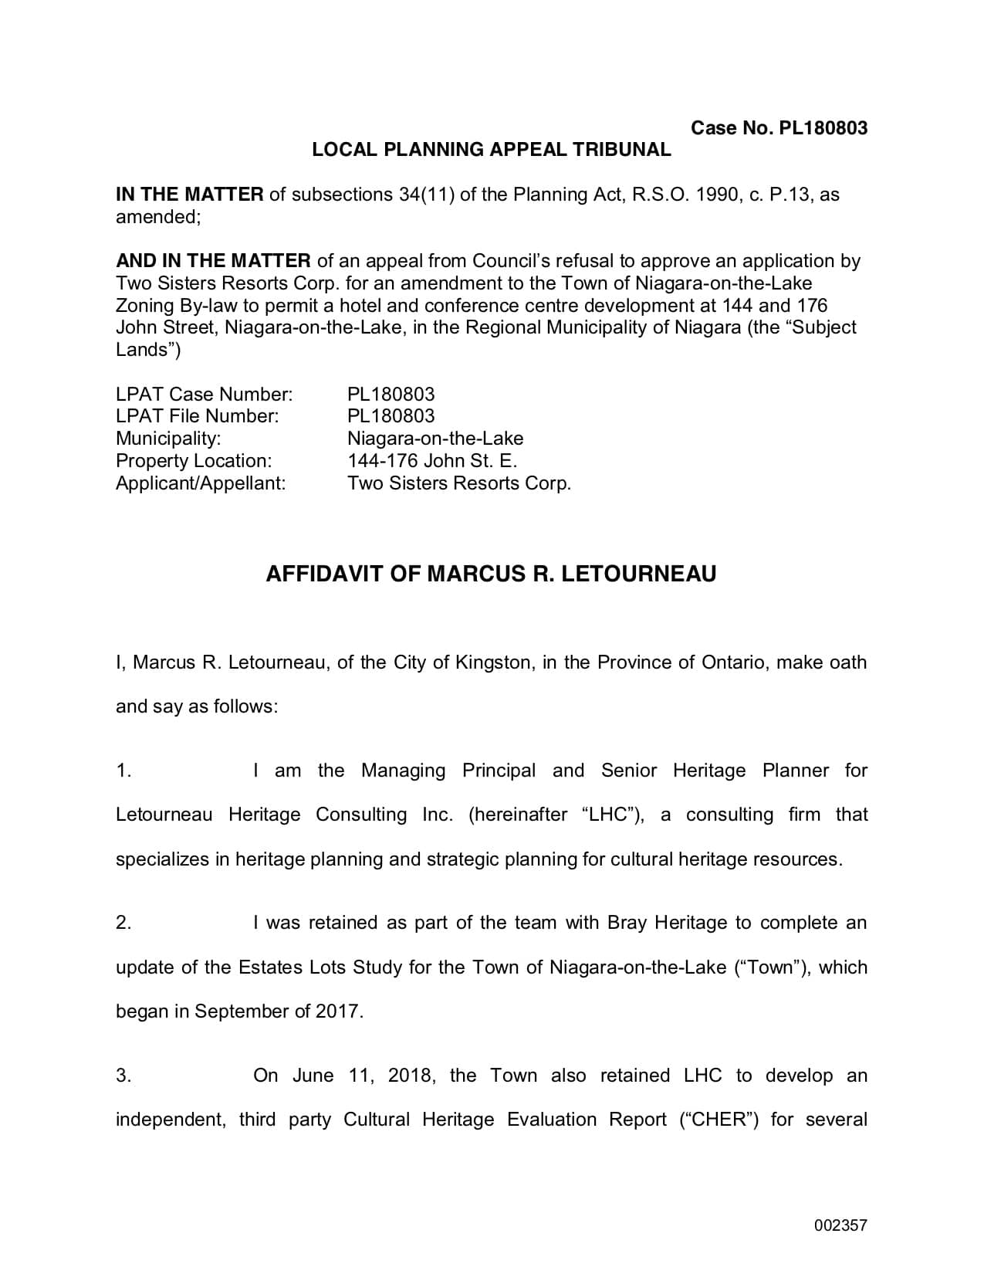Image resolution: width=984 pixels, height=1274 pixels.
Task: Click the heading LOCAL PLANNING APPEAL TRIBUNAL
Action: [x=492, y=150]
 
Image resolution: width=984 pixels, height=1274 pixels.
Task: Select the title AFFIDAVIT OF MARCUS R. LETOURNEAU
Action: [x=491, y=574]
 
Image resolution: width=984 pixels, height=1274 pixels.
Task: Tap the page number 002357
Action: [x=840, y=1225]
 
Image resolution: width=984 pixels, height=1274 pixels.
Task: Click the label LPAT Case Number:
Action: [x=204, y=395]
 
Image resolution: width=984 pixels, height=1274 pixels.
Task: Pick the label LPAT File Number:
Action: [x=197, y=416]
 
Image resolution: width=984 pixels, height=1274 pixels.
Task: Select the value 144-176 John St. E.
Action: [x=432, y=461]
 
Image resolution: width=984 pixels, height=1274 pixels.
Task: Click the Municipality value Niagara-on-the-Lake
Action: [x=435, y=439]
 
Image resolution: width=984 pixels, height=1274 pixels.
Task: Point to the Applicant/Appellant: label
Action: [x=201, y=483]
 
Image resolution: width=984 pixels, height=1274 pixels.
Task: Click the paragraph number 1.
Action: [x=123, y=771]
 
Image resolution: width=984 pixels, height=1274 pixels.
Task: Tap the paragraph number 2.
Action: [x=123, y=923]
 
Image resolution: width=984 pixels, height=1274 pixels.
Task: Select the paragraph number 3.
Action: [x=123, y=1076]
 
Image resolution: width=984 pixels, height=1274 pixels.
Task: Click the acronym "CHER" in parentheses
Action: [x=719, y=1120]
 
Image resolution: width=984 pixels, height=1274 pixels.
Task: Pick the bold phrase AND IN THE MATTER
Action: [x=213, y=261]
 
